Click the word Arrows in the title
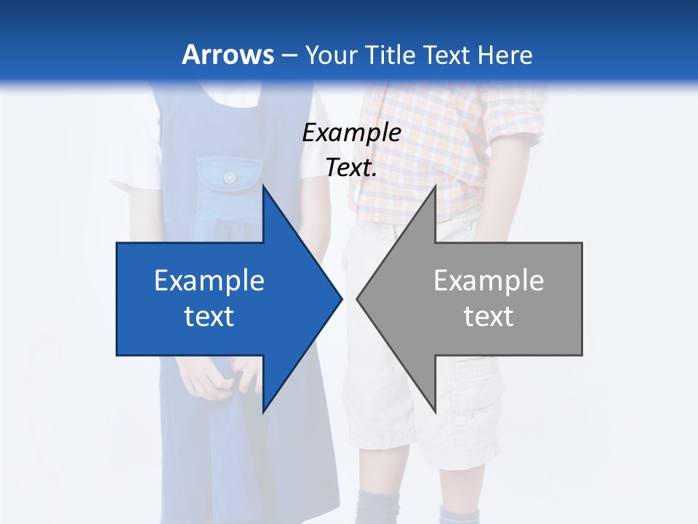(x=228, y=55)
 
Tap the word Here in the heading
(x=505, y=55)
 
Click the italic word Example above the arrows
(x=351, y=132)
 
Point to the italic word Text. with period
(x=351, y=168)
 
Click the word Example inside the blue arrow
(x=209, y=280)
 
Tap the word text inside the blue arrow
(x=209, y=316)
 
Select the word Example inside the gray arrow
(x=489, y=280)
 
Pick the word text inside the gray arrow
(x=489, y=316)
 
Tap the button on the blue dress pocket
(x=230, y=178)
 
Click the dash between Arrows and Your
(x=289, y=55)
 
